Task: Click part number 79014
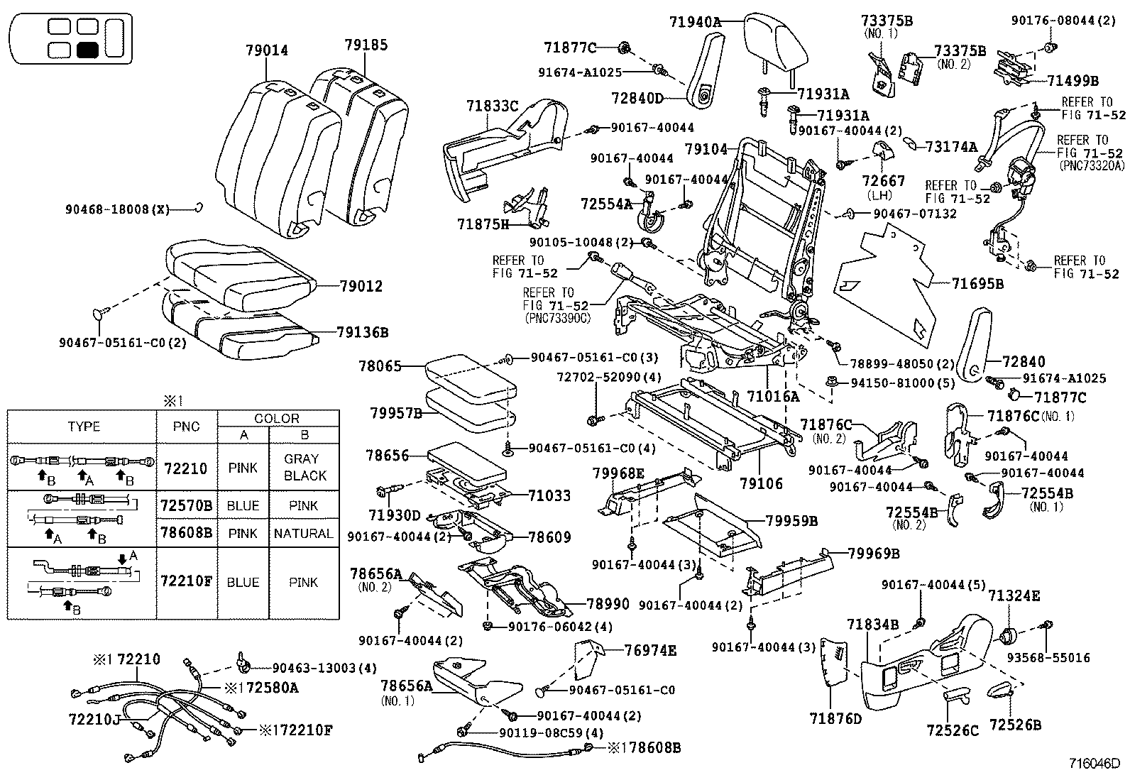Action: click(267, 50)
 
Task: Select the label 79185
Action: click(366, 45)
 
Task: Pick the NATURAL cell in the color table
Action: click(303, 533)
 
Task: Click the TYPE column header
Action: click(84, 427)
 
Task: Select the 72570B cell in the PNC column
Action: click(186, 505)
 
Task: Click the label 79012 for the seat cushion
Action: click(361, 287)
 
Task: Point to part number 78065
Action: click(380, 366)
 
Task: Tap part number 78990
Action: click(608, 604)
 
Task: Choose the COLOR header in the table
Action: click(276, 418)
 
